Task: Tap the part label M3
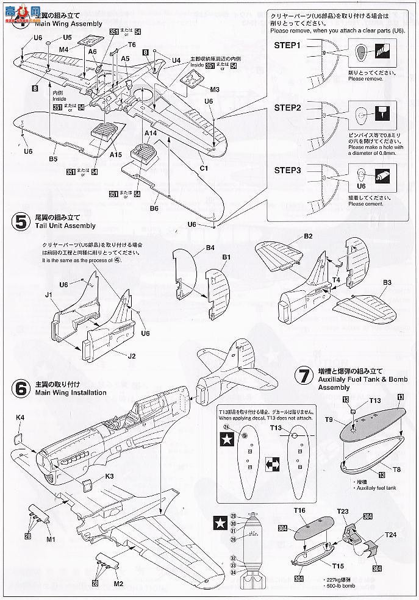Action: [x=197, y=90]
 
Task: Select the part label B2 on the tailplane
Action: [x=309, y=236]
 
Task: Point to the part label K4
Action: [x=20, y=418]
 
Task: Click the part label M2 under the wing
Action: [x=118, y=584]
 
